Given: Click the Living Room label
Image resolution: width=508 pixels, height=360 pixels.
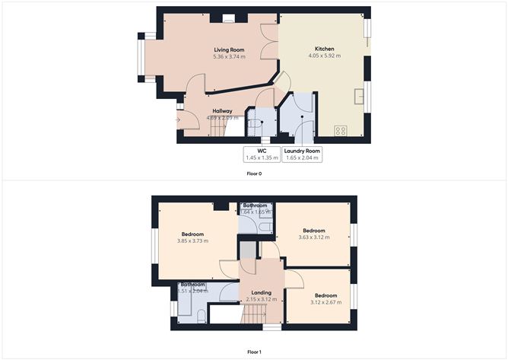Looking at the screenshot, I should click(x=227, y=49).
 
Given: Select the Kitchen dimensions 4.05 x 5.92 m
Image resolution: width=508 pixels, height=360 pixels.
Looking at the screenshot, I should click(x=324, y=56).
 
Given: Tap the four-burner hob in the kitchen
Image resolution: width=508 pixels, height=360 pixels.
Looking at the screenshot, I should click(x=341, y=130).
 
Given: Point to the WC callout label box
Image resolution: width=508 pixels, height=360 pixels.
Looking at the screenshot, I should click(x=260, y=155).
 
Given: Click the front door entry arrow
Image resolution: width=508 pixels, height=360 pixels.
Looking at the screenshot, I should click(x=178, y=119).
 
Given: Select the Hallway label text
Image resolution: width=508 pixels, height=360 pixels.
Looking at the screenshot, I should click(x=222, y=111).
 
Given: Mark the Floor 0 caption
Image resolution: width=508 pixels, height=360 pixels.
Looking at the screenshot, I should click(x=254, y=174).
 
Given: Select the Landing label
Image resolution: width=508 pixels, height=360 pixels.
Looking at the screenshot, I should click(x=261, y=292).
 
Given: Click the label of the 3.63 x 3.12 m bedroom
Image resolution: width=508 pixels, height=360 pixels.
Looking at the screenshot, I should click(x=313, y=231).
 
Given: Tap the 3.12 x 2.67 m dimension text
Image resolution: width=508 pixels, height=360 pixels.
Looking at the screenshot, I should click(x=325, y=302).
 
